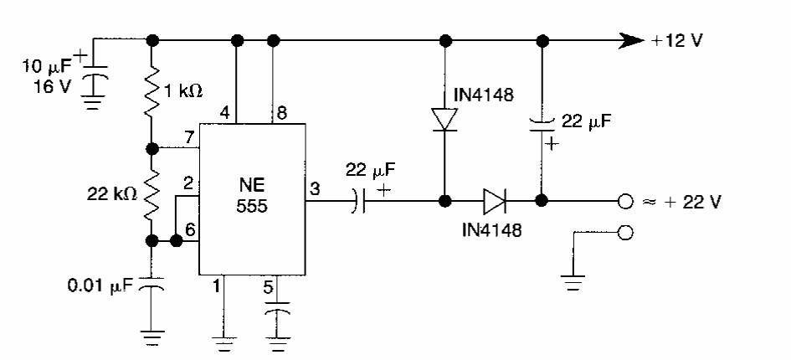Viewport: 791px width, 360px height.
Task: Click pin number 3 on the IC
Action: coord(316,190)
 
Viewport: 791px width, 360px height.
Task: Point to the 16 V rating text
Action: coord(52,85)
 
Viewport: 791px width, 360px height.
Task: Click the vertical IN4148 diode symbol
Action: coord(444,118)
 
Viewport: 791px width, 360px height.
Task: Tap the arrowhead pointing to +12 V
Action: coord(630,39)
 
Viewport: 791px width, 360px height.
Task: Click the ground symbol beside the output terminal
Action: coord(573,283)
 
